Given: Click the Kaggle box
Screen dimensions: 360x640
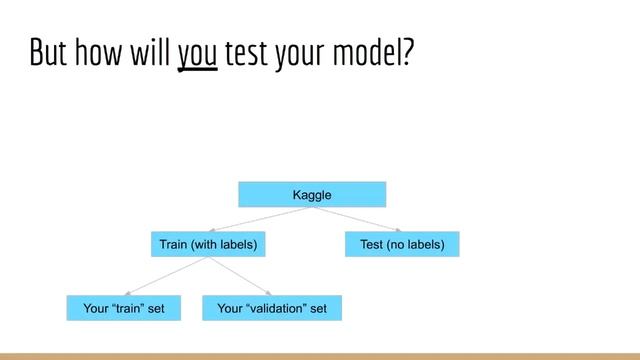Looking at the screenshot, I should (312, 194).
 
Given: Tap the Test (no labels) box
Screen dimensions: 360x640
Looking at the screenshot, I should (402, 244).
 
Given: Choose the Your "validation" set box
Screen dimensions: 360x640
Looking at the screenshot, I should (272, 309).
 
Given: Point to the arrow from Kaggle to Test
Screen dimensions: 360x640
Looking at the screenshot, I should (357, 219).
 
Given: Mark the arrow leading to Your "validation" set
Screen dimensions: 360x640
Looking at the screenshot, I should (240, 276).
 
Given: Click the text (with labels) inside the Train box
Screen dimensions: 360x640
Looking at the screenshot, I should (225, 244).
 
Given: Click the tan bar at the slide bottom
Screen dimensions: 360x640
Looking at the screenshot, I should (320, 355).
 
